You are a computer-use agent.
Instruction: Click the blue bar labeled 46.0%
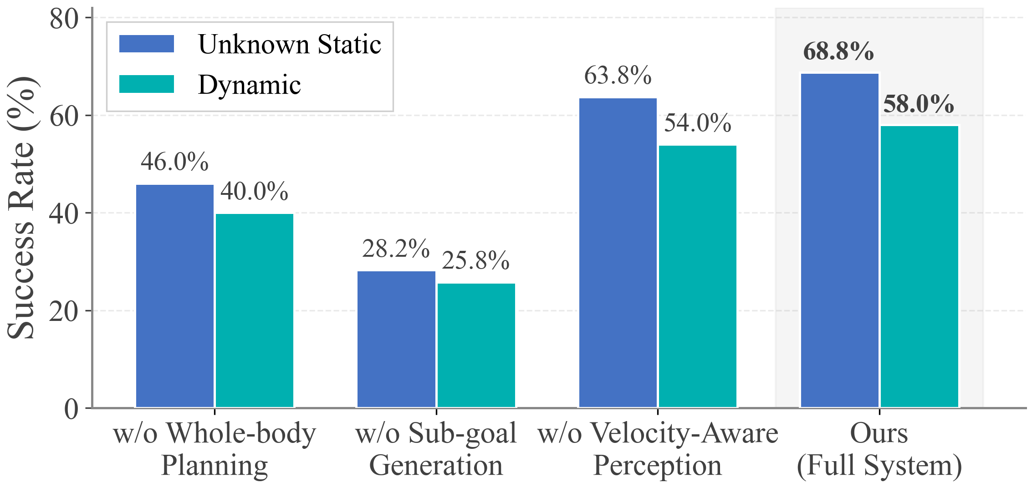[x=175, y=296]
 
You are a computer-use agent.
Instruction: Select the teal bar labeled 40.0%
[x=255, y=310]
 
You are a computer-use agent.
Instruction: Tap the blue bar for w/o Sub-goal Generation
[x=396, y=339]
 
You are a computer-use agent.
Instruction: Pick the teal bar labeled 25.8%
[x=476, y=345]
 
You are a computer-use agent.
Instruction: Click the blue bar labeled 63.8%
[x=618, y=253]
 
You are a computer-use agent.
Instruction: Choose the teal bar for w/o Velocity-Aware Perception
[x=698, y=276]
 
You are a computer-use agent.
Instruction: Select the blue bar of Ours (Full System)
[x=839, y=240]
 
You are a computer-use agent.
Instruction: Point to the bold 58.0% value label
[x=919, y=104]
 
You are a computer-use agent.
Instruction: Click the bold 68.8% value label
[x=838, y=51]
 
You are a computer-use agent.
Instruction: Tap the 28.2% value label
[x=396, y=249]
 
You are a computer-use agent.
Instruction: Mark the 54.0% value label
[x=698, y=123]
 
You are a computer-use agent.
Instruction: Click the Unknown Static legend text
[x=290, y=45]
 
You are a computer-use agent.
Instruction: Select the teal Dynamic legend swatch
[x=147, y=84]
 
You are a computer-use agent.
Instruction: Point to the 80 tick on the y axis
[x=64, y=19]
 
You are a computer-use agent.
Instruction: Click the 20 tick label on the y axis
[x=64, y=312]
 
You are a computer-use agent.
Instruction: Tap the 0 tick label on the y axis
[x=72, y=409]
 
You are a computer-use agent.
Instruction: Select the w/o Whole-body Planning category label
[x=215, y=449]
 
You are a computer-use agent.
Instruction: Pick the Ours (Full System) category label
[x=879, y=449]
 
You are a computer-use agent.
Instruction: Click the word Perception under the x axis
[x=658, y=466]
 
